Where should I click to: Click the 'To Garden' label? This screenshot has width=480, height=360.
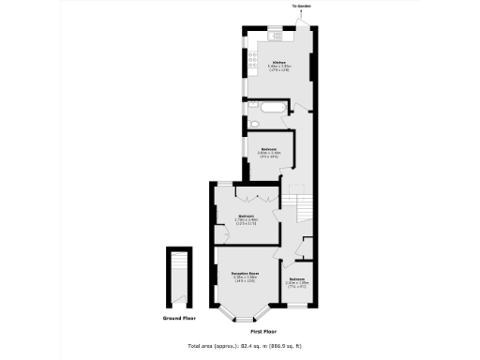click(x=302, y=7)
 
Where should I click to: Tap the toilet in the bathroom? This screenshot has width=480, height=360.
click(x=254, y=123)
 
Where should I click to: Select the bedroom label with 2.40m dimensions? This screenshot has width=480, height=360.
click(x=296, y=281)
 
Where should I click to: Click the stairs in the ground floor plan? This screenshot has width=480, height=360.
click(x=177, y=277)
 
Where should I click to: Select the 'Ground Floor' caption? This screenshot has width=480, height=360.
click(x=177, y=319)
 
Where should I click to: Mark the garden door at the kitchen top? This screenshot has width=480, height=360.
click(x=303, y=21)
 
